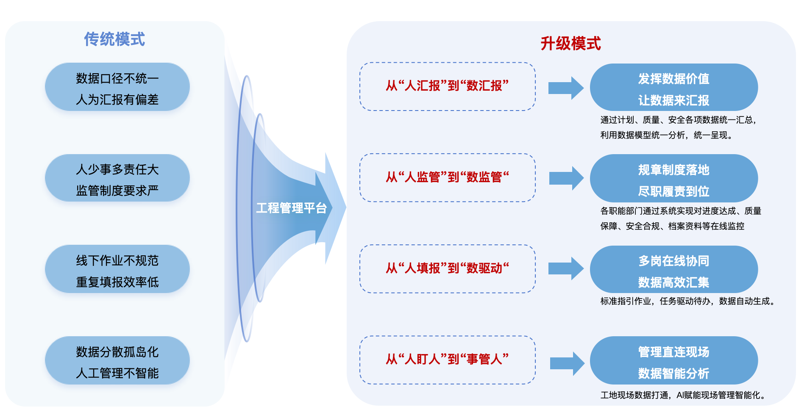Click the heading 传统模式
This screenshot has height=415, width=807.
tap(114, 39)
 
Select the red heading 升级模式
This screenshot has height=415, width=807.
tap(570, 44)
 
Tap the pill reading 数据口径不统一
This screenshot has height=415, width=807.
tap(117, 87)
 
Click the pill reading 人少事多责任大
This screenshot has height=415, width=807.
tap(117, 178)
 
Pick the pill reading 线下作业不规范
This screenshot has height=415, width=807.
tap(117, 269)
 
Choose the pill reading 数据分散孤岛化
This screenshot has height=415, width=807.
tap(117, 361)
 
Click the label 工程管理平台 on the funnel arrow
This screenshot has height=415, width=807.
tap(291, 208)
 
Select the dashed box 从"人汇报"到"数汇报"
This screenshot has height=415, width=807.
tap(447, 86)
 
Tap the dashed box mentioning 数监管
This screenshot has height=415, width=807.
tap(447, 177)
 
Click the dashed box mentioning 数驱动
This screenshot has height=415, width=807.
tap(447, 268)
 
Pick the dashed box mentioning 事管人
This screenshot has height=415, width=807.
tap(447, 360)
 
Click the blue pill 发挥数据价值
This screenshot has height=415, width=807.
tap(673, 88)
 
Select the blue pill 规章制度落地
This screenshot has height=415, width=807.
tap(673, 179)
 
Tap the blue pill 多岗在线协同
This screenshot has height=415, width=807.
tap(673, 270)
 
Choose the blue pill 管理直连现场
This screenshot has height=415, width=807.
tap(673, 361)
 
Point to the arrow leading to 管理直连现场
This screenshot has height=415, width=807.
tap(567, 363)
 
